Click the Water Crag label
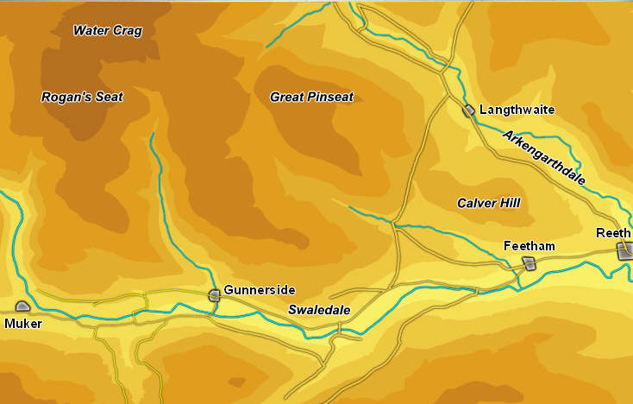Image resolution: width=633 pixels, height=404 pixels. pos(108,31)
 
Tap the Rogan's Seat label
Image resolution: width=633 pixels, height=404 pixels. pos(82,98)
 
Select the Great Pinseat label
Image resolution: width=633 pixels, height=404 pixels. pos(311,98)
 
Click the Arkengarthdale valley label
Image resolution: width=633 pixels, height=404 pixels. pos(544,158)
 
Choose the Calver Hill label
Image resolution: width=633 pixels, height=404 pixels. pos(488,203)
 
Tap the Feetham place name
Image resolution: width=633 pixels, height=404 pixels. pos(529,247)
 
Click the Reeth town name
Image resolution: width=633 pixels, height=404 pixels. pos(613,233)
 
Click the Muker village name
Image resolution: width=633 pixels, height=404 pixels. pos(22,324)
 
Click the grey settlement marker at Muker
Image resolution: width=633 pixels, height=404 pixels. pos(22,306)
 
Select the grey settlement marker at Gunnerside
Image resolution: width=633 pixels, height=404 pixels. pos(214,295)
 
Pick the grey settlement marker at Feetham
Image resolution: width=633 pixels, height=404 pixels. pos(529,264)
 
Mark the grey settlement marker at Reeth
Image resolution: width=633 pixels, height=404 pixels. pos(624,250)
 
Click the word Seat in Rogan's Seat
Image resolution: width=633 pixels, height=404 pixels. pos(106,98)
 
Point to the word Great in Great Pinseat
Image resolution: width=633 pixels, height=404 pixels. pos(286,98)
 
